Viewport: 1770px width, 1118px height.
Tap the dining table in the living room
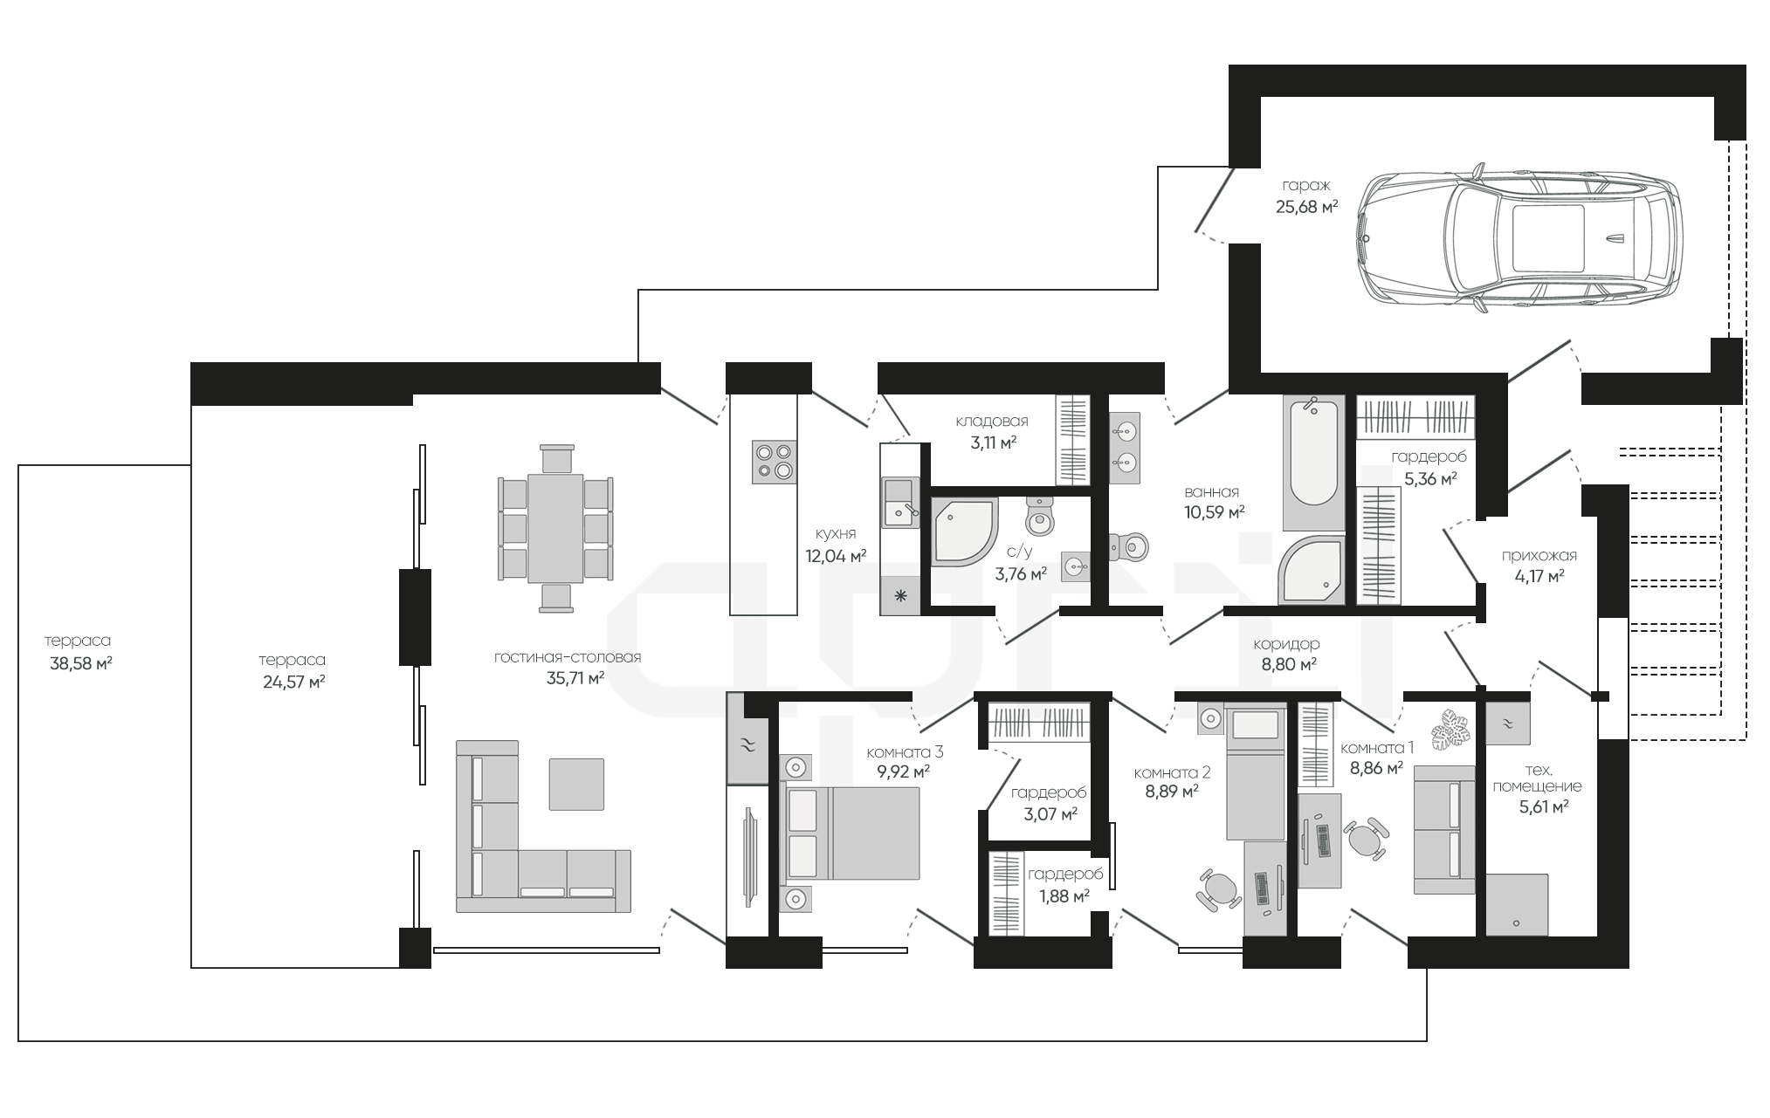click(556, 528)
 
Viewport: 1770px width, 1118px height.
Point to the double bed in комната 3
click(853, 833)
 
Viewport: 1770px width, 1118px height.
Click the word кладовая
click(992, 421)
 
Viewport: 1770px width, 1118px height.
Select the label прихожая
click(1539, 555)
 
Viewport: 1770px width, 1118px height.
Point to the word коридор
click(1286, 643)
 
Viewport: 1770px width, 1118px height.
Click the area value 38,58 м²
click(81, 662)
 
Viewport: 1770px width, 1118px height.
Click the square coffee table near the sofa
click(576, 784)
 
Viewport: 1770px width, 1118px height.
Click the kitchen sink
click(900, 502)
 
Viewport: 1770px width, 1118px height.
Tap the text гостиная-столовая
click(567, 657)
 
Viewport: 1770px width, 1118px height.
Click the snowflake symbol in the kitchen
click(900, 597)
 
